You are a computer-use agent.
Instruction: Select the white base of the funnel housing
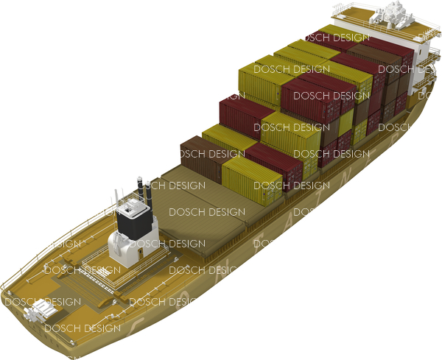point(124,248)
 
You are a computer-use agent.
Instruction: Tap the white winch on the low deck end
point(36,314)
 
